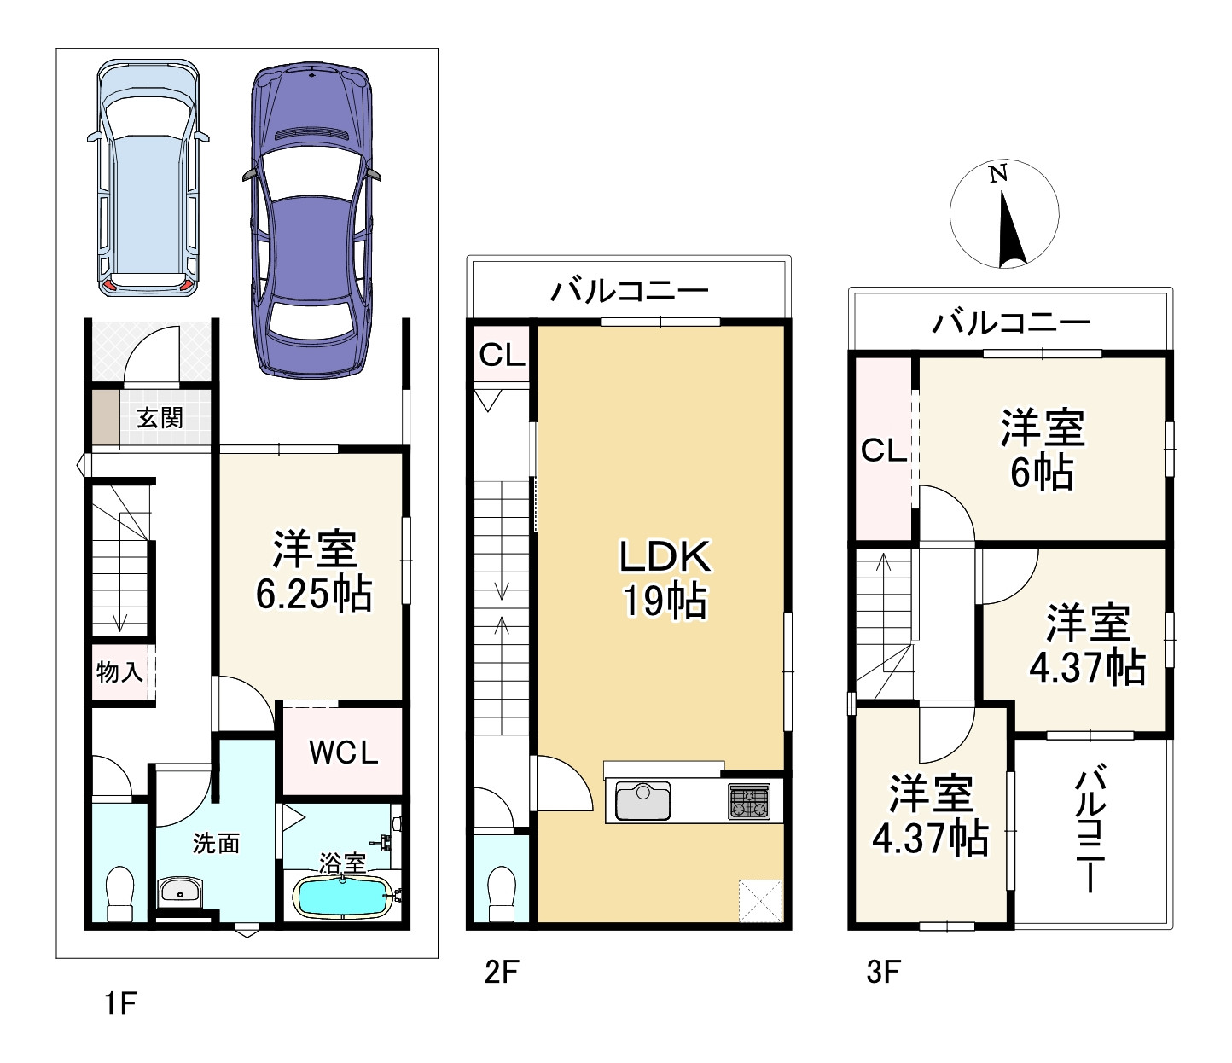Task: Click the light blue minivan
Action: point(148,177)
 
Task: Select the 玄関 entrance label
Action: point(160,418)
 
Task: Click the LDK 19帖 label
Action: point(665,578)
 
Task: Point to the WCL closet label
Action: point(343,752)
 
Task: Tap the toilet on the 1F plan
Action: point(120,892)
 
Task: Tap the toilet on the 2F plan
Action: point(502,892)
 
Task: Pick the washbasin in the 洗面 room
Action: point(179,893)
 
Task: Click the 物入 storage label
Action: point(119,672)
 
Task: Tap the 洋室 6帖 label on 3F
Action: point(1042,449)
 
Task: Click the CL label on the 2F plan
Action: point(502,355)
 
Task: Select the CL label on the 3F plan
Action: point(883,450)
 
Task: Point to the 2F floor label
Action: point(502,972)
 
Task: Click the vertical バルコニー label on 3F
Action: point(1090,829)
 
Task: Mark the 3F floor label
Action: point(883,972)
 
